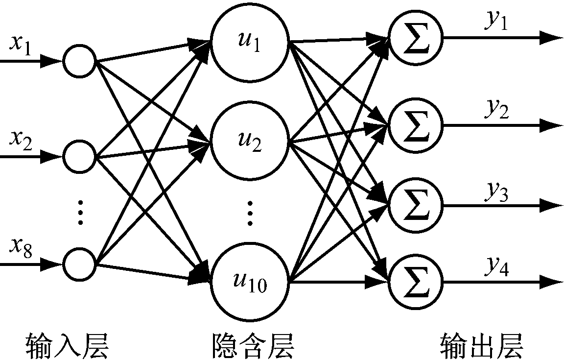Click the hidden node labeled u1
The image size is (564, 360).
click(x=250, y=45)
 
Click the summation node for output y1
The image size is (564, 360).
click(x=415, y=38)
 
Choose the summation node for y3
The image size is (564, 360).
click(x=415, y=204)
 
